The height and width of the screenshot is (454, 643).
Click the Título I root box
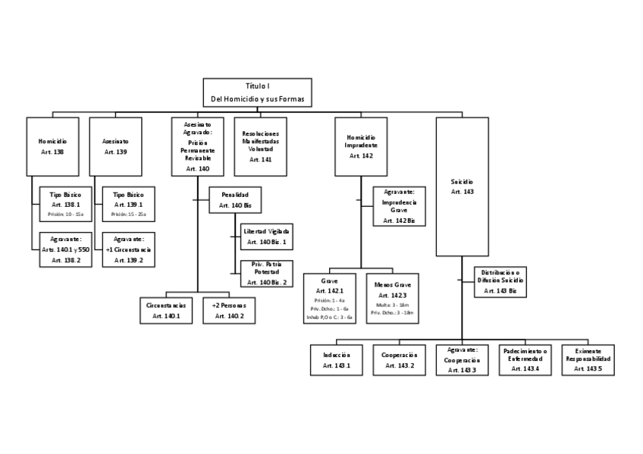click(x=257, y=92)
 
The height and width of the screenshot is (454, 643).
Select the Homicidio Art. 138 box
click(x=52, y=146)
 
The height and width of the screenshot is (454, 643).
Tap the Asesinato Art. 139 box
click(x=115, y=146)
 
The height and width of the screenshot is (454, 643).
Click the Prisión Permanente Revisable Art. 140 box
click(x=197, y=146)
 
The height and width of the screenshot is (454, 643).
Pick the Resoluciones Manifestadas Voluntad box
click(x=260, y=146)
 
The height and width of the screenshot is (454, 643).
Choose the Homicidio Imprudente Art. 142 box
click(x=361, y=146)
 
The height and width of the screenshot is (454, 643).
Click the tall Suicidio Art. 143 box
click(x=462, y=186)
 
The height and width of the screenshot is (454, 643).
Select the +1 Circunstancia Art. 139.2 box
click(x=128, y=249)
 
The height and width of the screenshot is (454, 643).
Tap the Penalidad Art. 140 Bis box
click(x=234, y=200)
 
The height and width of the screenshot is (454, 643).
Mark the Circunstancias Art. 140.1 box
click(x=166, y=310)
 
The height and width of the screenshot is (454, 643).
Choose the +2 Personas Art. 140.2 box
click(x=229, y=310)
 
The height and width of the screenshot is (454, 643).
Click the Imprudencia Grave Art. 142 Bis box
click(x=399, y=206)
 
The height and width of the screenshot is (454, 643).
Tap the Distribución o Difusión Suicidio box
click(x=500, y=280)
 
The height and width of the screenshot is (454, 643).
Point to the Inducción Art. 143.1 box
click(x=336, y=360)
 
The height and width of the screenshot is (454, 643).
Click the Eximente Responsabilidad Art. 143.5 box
click(x=588, y=360)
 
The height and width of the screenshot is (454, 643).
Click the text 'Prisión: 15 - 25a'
click(x=128, y=214)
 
